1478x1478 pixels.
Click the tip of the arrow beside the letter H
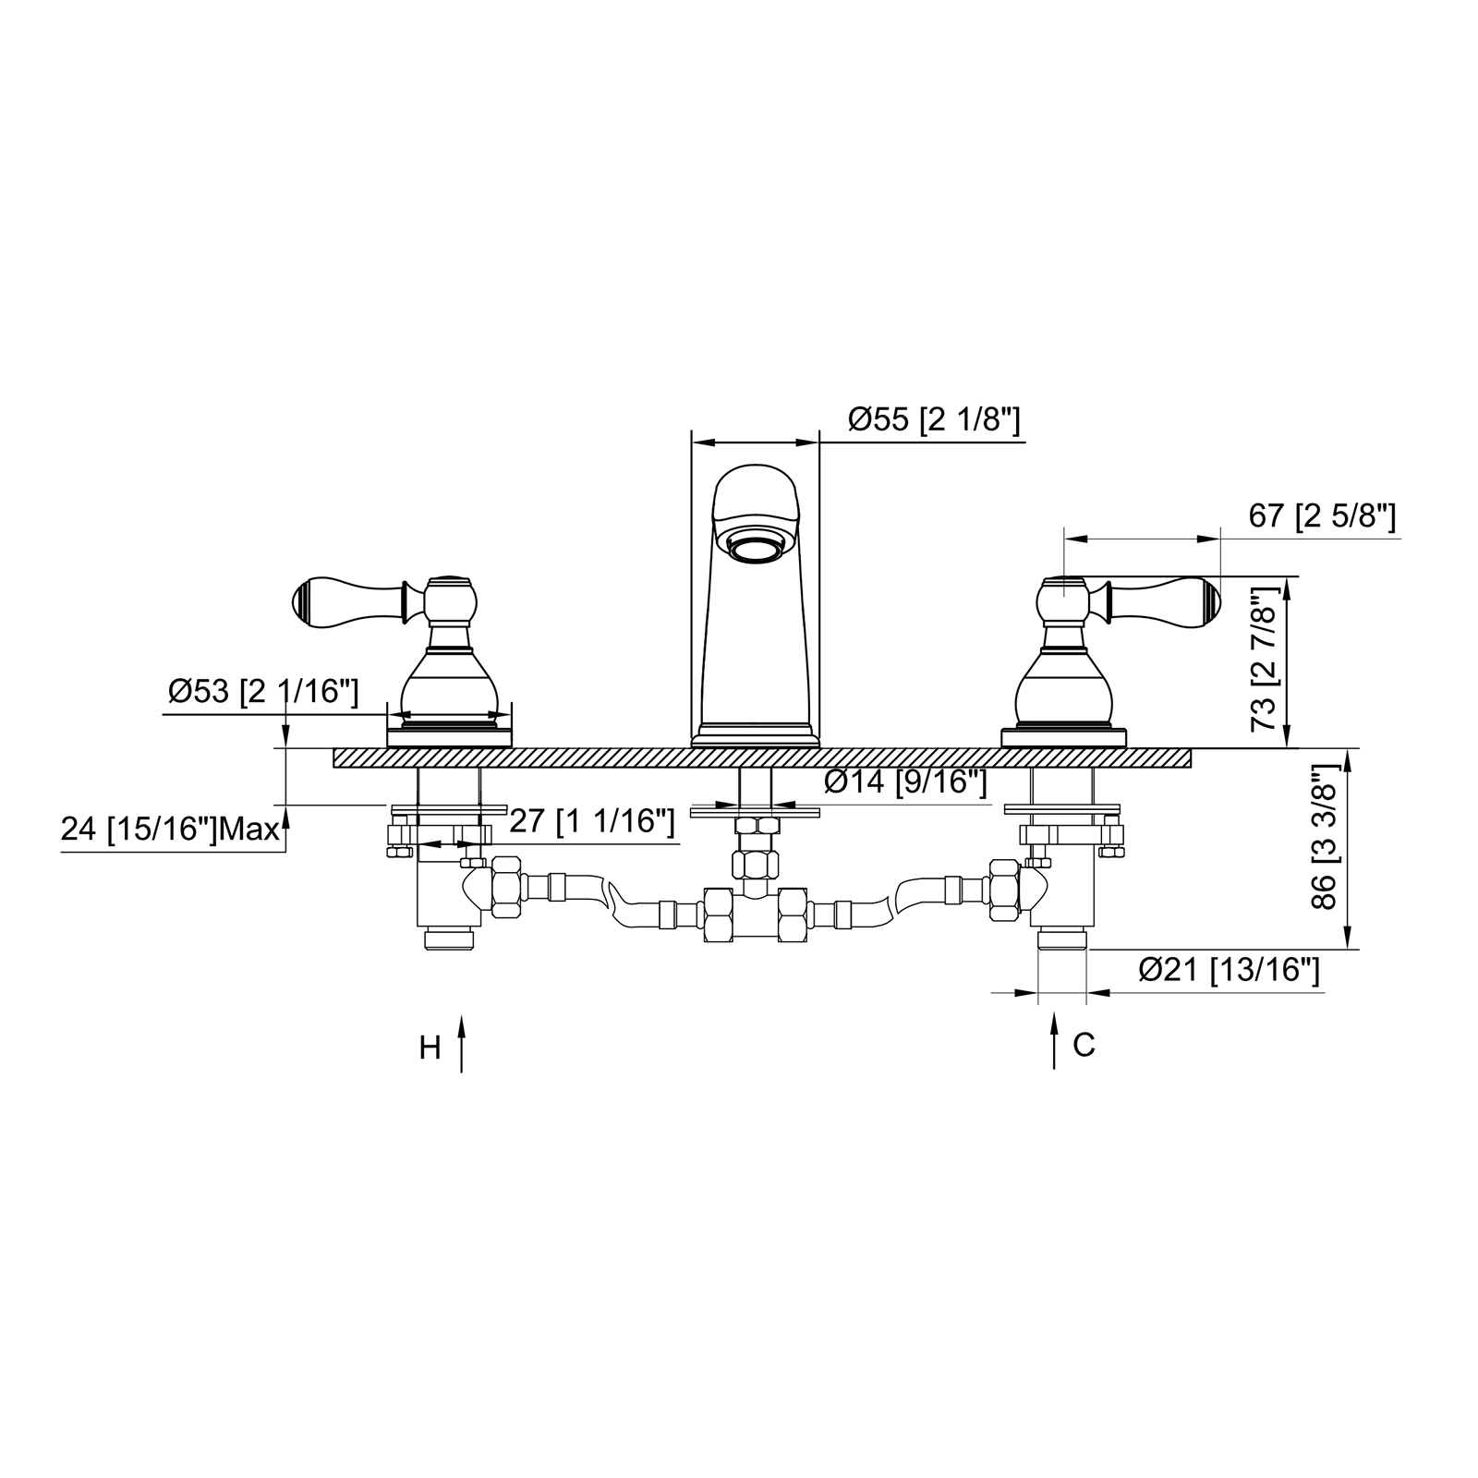pos(461,1013)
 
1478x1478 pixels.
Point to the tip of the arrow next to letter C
pos(1054,1012)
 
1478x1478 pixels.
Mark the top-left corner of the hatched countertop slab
pos(334,748)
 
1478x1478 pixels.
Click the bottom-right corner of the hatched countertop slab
pos(1191,767)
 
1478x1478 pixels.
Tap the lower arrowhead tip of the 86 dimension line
pos(1350,949)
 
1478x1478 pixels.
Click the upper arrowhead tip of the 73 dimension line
pos(1289,577)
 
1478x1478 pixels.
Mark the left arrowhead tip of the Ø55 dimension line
pos(692,443)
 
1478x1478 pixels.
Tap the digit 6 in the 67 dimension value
pos(1259,516)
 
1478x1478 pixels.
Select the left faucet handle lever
pos(349,599)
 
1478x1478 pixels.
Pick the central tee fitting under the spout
pos(756,915)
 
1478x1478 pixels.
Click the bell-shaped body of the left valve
pos(449,684)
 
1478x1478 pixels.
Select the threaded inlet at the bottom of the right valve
pos(1062,941)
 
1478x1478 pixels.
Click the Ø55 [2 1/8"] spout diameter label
pos(934,420)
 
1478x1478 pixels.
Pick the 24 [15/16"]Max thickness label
pos(170,829)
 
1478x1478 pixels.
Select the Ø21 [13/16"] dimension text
pos(1229,970)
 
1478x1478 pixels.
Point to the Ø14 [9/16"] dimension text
pos(906,781)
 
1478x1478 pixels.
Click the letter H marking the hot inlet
pos(430,1048)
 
